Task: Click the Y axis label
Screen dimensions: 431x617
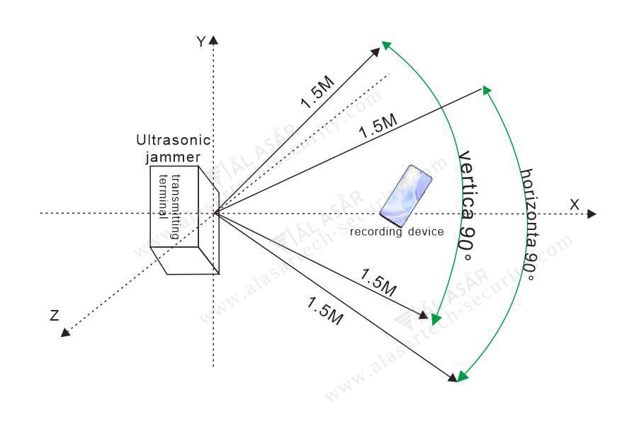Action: [x=201, y=42]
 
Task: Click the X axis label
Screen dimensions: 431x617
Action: [x=574, y=204]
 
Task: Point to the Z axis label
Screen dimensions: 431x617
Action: [x=55, y=316]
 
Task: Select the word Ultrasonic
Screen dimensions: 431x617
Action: [x=174, y=139]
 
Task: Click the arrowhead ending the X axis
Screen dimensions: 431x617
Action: [x=591, y=214]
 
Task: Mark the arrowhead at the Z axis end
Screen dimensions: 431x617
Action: [x=65, y=332]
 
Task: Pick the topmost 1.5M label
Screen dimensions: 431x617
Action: [x=316, y=92]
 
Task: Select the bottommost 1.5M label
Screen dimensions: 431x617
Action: [x=325, y=310]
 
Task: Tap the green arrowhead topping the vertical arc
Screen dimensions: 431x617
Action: [x=386, y=45]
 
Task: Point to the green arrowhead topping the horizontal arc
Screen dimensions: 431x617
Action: [x=487, y=90]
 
